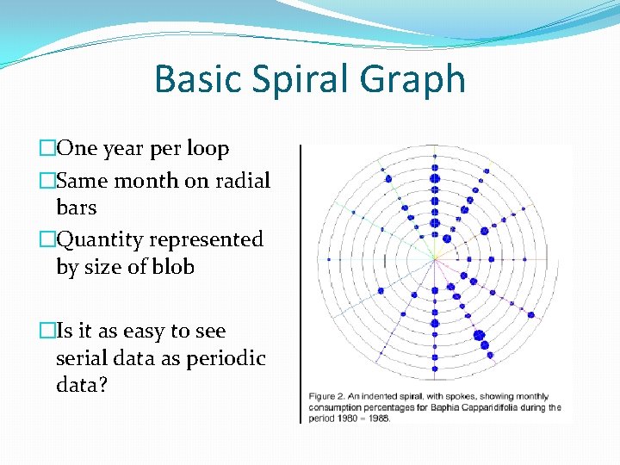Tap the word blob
pos(172,267)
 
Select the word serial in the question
pos(83,358)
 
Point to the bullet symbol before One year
pos(47,149)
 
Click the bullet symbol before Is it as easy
pos(47,332)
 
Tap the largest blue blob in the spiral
pos(478,335)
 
